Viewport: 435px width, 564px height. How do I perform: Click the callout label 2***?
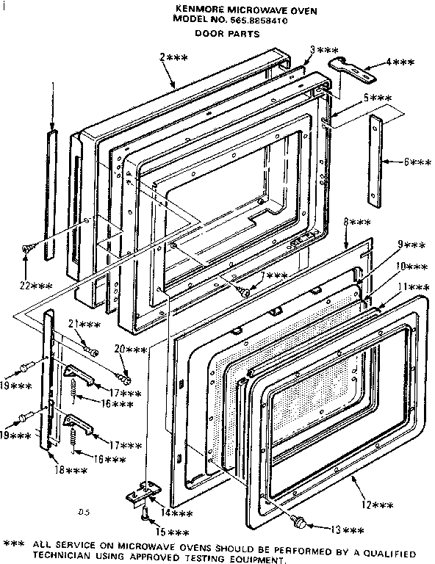173,57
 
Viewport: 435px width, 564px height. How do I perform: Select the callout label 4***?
400,65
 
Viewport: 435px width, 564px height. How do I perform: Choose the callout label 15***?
173,532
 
